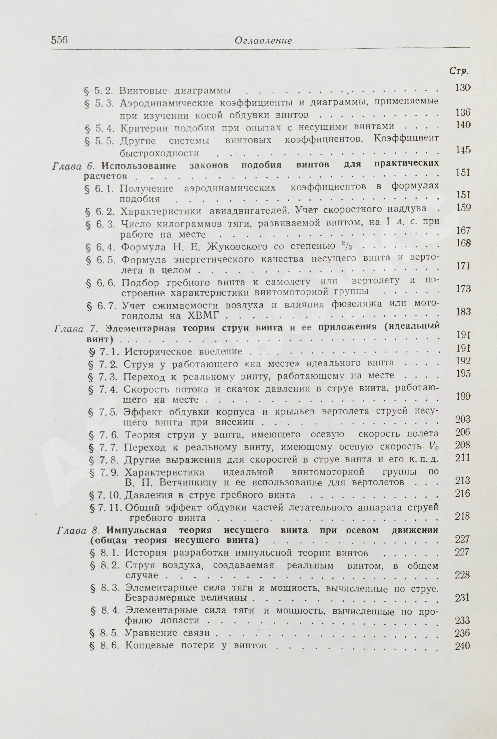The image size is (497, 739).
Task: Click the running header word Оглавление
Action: pyautogui.click(x=263, y=41)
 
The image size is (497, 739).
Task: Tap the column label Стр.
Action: pyautogui.click(x=458, y=72)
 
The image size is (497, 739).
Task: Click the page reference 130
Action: pyautogui.click(x=462, y=88)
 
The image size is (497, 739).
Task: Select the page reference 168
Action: pyautogui.click(x=462, y=243)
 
